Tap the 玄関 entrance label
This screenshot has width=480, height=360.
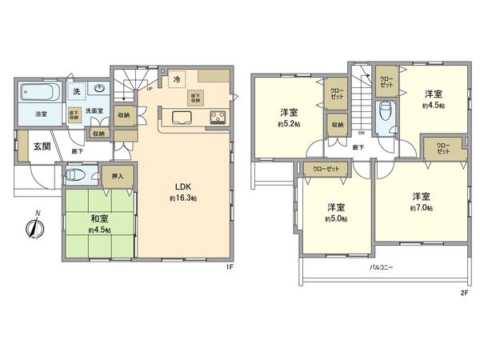click(42, 147)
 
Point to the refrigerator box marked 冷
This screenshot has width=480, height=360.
click(176, 81)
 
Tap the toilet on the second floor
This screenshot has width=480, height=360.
click(385, 114)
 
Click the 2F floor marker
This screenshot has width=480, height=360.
click(463, 292)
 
